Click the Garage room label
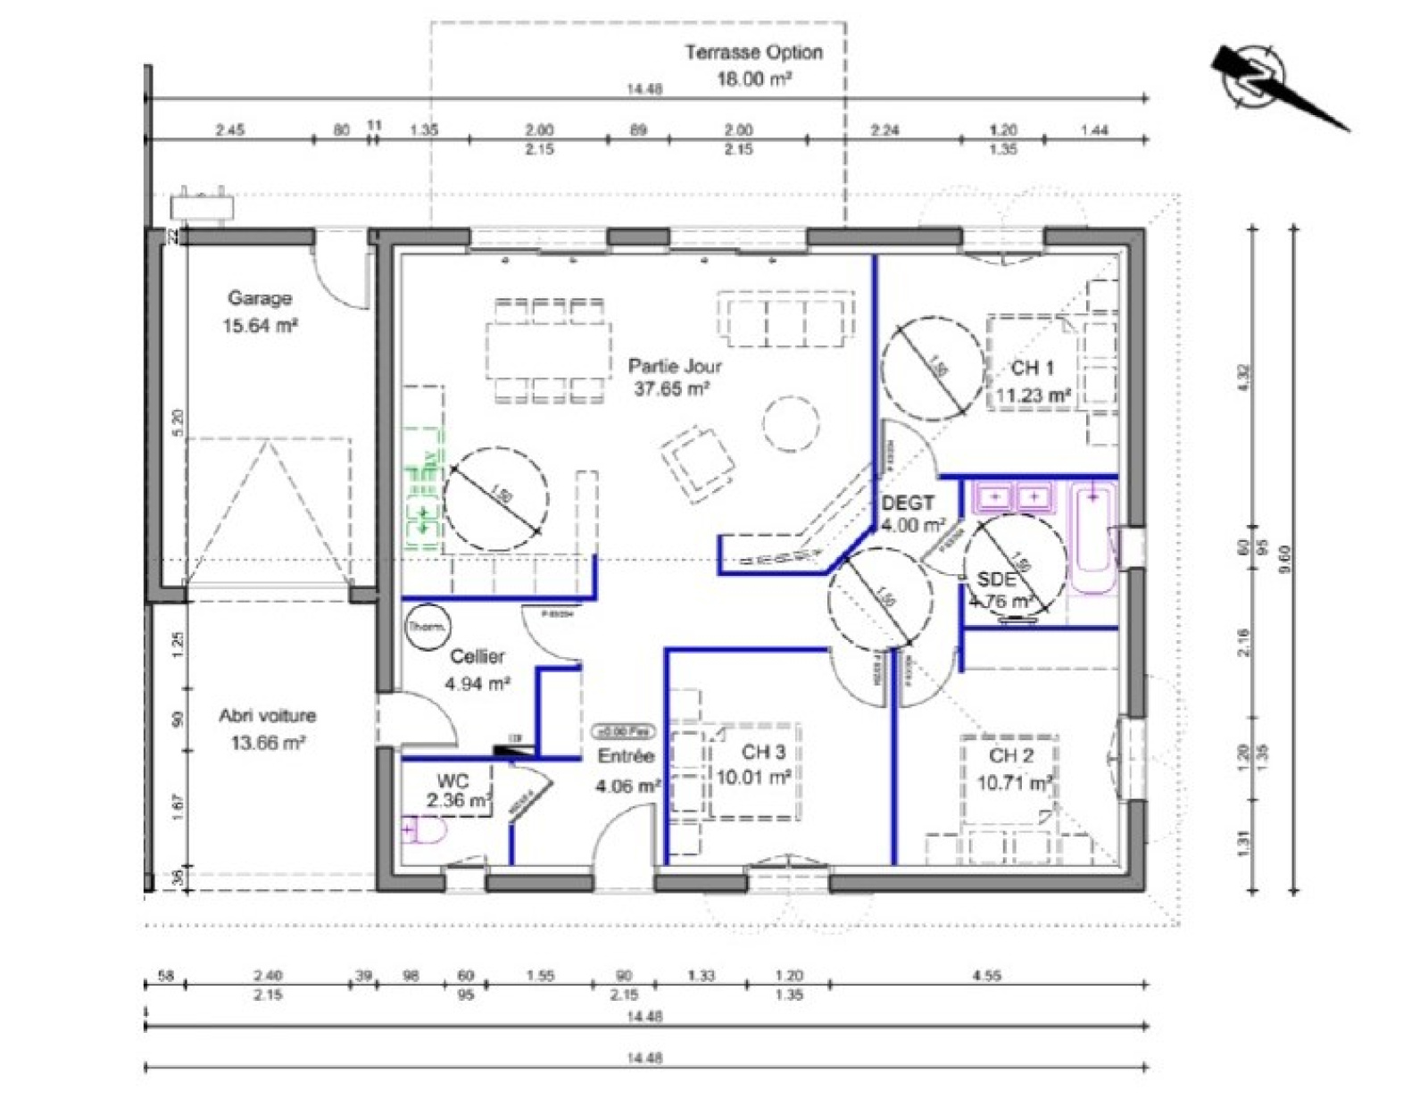click(259, 298)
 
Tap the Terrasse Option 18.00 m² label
click(753, 65)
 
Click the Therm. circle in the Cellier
click(428, 628)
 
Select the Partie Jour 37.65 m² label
click(674, 377)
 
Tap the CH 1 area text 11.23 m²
click(1033, 395)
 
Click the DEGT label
click(908, 504)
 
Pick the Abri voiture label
click(267, 715)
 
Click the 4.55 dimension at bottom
click(985, 976)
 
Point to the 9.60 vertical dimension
click(1284, 559)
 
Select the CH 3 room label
click(763, 752)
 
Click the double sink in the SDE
click(1015, 496)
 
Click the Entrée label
click(626, 756)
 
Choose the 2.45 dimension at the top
click(229, 129)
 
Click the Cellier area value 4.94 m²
click(477, 684)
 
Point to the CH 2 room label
click(1010, 755)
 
